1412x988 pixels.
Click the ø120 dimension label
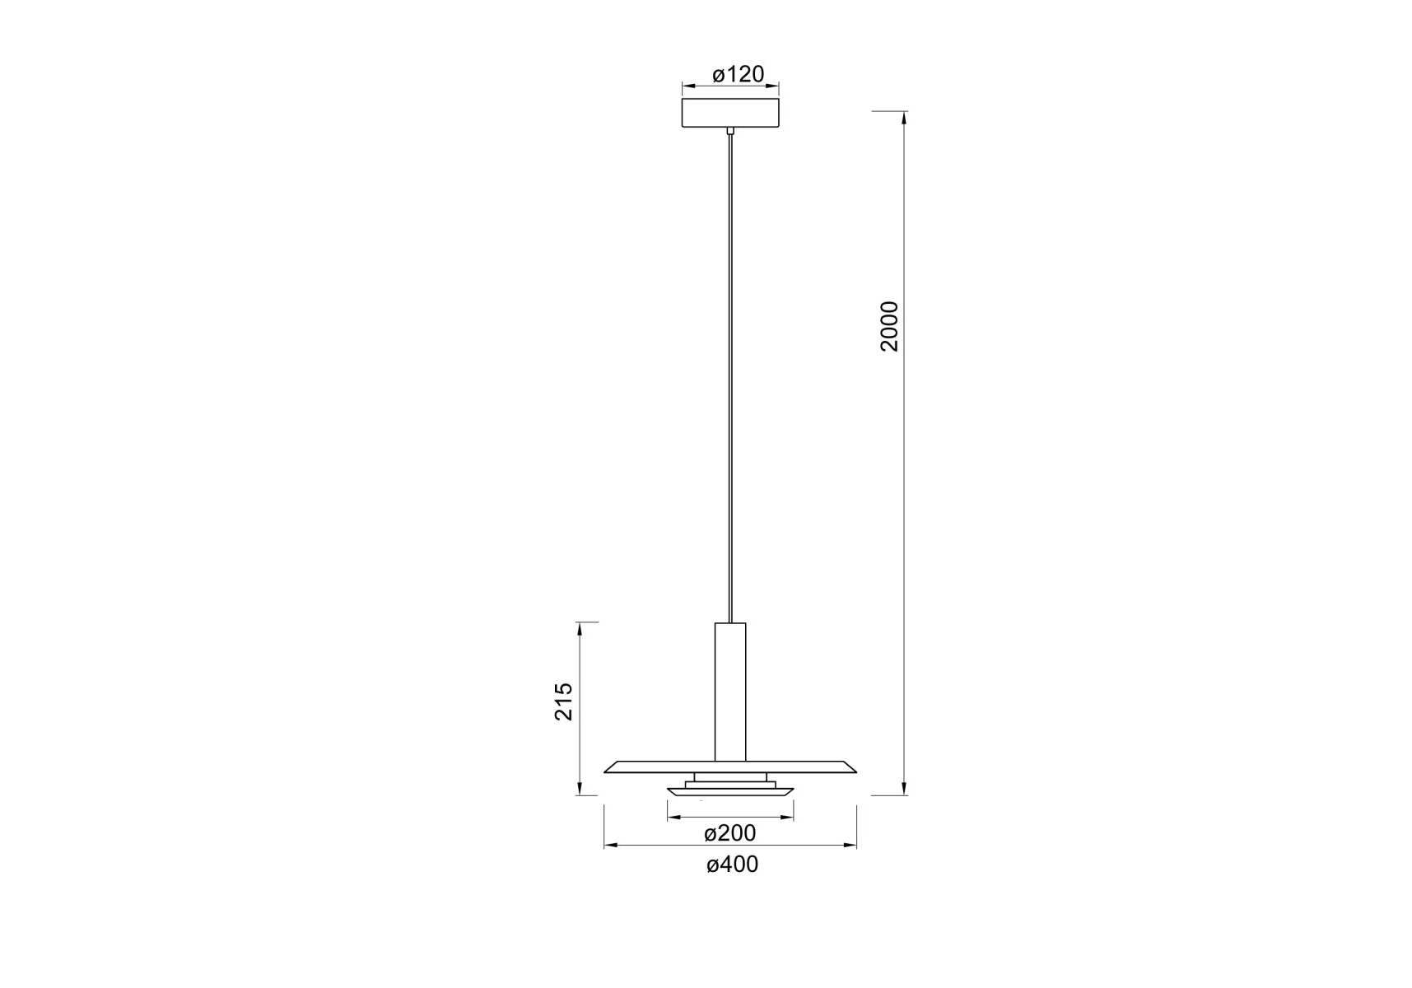point(739,74)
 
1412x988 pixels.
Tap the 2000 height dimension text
point(889,326)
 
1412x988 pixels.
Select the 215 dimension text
point(563,701)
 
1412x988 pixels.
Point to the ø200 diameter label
point(730,833)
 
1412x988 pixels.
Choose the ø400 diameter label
point(732,864)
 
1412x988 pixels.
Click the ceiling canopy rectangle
point(730,113)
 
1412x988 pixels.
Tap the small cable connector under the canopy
point(730,130)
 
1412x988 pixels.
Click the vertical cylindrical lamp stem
point(730,692)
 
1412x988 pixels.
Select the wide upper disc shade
point(730,767)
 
